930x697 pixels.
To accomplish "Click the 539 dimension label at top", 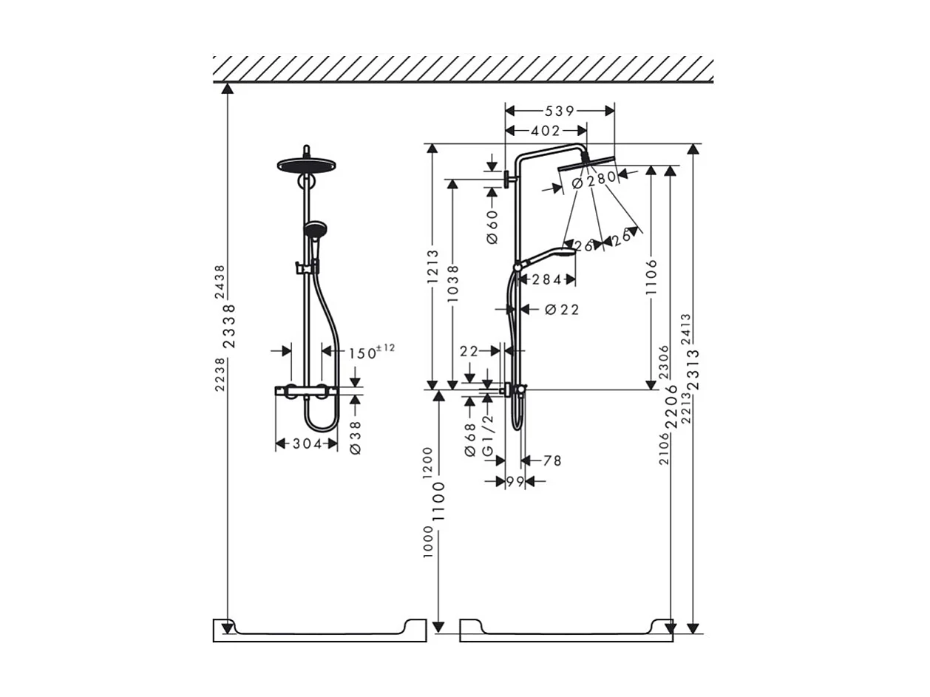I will [x=560, y=111].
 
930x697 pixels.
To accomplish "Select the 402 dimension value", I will [x=546, y=131].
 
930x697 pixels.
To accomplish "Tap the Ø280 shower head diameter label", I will [x=594, y=179].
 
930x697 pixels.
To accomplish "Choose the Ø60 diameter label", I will [x=492, y=227].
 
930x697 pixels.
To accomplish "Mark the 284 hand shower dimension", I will [x=547, y=279].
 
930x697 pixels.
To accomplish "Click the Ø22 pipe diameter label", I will [x=562, y=310].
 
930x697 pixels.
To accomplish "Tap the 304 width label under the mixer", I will [x=306, y=444].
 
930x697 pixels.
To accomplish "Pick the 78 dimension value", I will [x=552, y=461].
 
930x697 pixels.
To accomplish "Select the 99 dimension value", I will [x=515, y=482].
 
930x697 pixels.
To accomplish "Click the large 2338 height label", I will [x=229, y=326].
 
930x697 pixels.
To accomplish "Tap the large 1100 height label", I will [x=440, y=500].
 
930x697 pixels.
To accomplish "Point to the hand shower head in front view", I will [x=314, y=229].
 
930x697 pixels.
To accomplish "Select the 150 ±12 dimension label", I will [x=371, y=352].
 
